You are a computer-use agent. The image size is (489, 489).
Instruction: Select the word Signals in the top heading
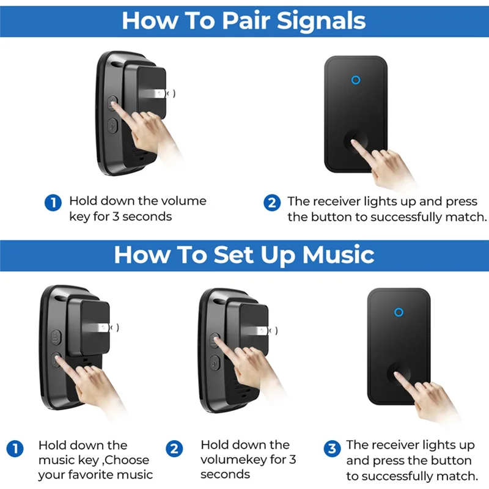(322, 20)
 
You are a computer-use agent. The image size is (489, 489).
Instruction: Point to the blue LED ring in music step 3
(399, 312)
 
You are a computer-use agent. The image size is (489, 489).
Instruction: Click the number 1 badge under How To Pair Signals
(53, 202)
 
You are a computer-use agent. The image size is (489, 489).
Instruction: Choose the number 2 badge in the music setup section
(175, 449)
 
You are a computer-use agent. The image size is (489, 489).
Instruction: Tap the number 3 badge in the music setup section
(332, 449)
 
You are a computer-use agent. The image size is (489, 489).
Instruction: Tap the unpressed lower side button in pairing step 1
(112, 126)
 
